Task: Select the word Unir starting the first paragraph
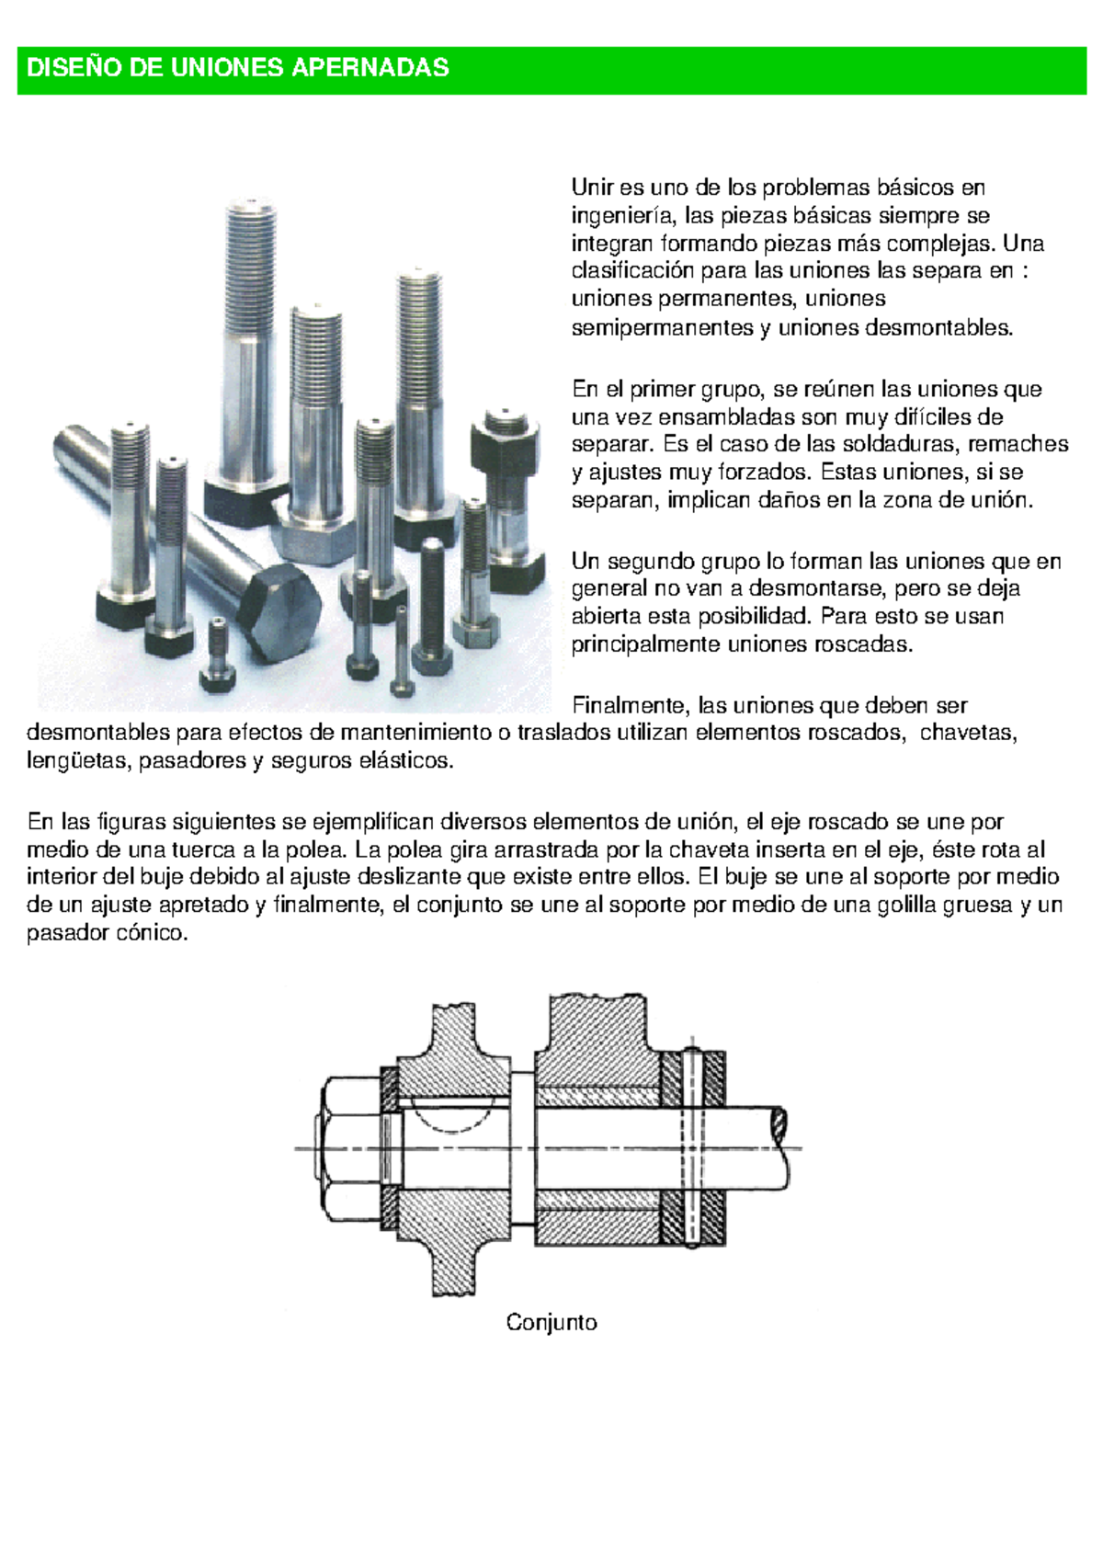tap(592, 188)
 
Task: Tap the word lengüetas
tap(79, 761)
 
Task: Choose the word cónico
tap(152, 933)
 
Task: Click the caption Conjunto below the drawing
tap(551, 1323)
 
